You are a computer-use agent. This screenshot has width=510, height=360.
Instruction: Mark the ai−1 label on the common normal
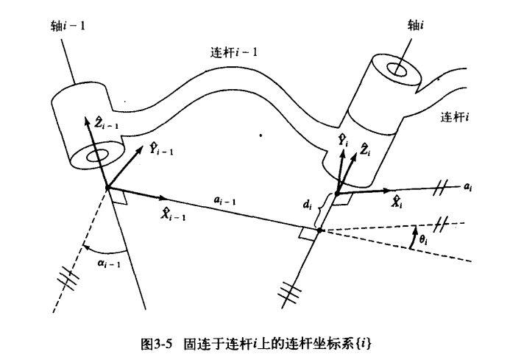tap(225, 199)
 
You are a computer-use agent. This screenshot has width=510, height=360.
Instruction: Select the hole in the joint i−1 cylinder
tap(99, 155)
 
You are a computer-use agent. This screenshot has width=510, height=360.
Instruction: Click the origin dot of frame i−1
tap(107, 188)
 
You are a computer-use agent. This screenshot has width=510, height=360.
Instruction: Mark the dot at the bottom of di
tap(319, 230)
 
